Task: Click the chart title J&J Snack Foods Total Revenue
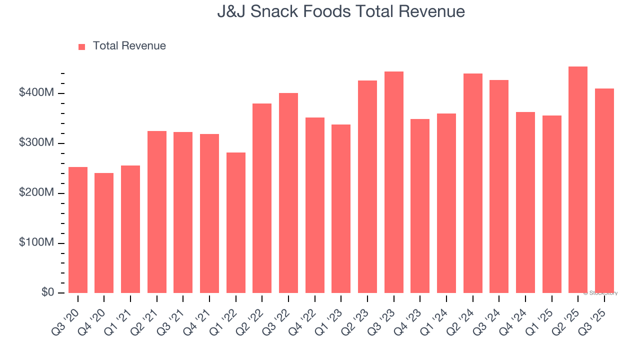341,11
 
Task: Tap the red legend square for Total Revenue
82,46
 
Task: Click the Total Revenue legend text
129,46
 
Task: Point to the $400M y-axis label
37,93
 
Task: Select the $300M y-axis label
37,143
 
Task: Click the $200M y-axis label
37,193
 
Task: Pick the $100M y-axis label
37,242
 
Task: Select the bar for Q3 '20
78,230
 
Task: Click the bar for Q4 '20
104,233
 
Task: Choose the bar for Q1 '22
236,222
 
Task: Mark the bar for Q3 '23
394,182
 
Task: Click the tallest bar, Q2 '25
578,180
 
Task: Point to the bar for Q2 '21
157,212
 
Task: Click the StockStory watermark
600,293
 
